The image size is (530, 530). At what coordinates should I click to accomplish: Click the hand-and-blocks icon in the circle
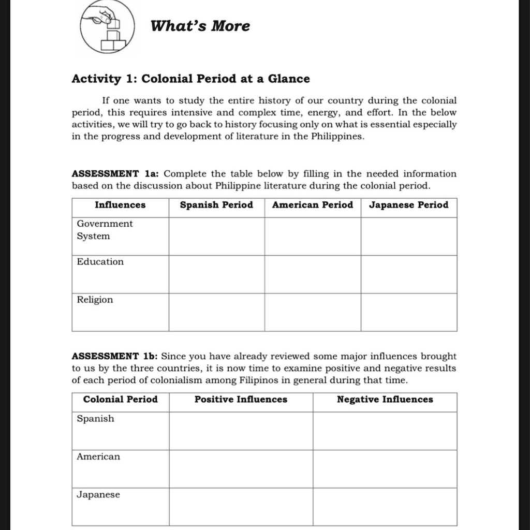[x=107, y=28]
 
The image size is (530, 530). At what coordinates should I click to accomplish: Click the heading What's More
[x=200, y=26]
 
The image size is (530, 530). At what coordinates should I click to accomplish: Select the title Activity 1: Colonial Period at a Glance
[x=190, y=79]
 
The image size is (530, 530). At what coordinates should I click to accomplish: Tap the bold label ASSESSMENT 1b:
[x=115, y=356]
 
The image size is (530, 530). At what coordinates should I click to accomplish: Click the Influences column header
[x=120, y=205]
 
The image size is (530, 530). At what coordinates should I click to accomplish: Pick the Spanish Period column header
[x=216, y=205]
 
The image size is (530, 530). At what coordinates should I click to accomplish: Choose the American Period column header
[x=312, y=205]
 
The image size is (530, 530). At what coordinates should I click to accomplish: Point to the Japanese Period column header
[x=408, y=205]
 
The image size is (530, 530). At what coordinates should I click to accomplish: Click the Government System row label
[x=105, y=230]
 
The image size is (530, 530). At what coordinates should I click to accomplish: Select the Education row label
[x=100, y=262]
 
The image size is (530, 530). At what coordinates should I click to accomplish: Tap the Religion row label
[x=95, y=300]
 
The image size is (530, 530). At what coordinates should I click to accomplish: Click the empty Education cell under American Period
[x=313, y=274]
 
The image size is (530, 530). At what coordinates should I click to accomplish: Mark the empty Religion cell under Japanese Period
[x=409, y=312]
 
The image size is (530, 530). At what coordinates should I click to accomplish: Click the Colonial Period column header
[x=120, y=400]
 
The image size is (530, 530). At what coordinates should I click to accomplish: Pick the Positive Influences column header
[x=241, y=400]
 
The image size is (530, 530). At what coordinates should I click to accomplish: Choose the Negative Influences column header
[x=385, y=400]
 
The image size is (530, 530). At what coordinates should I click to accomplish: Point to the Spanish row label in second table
[x=95, y=419]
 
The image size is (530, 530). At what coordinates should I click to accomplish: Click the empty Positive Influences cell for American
[x=241, y=469]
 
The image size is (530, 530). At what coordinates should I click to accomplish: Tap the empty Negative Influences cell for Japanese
[x=385, y=507]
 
